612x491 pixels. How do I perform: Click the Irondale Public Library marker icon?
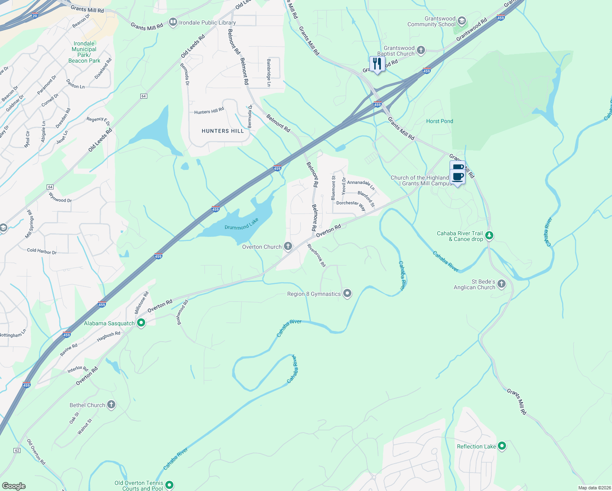[x=173, y=22]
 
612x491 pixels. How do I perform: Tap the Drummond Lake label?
[x=241, y=224]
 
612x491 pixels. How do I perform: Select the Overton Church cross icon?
[x=288, y=246]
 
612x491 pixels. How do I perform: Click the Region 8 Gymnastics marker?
[x=347, y=293]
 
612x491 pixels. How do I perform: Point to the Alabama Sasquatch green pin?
[x=141, y=323]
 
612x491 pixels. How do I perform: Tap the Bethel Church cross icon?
[x=111, y=405]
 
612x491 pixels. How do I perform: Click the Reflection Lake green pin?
[x=502, y=446]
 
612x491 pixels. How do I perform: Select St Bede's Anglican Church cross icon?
[x=502, y=284]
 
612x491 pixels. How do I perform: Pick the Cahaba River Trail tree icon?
[x=489, y=236]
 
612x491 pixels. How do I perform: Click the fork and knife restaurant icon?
[x=377, y=64]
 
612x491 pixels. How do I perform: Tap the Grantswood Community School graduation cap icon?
[x=461, y=21]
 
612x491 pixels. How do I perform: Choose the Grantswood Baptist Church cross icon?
[x=421, y=50]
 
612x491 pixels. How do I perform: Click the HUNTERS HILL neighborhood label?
[x=223, y=131]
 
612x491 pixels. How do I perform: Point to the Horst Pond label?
[x=439, y=121]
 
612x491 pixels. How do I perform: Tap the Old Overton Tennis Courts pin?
[x=169, y=485]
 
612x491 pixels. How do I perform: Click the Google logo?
[x=14, y=486]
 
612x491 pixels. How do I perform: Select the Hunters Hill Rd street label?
[x=209, y=111]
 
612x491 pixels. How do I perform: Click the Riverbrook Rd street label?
[x=317, y=256]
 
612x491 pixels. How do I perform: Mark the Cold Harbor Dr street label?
[x=42, y=251]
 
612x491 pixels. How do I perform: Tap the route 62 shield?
[x=17, y=450]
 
